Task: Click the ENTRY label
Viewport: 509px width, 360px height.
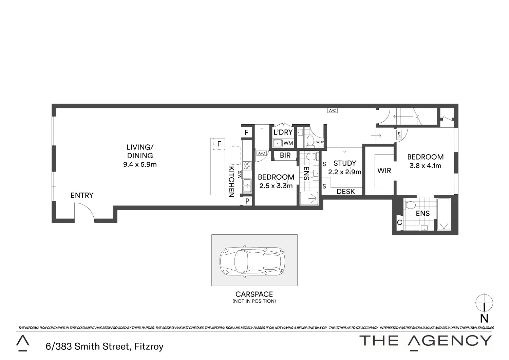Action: [82, 195]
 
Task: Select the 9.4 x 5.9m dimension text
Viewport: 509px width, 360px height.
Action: [140, 165]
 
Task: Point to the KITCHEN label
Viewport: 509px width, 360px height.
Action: [231, 182]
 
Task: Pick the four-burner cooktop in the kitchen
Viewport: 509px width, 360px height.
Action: [247, 166]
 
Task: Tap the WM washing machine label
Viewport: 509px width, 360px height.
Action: [288, 143]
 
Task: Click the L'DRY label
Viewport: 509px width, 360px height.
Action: [283, 132]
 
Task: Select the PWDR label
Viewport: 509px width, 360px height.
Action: [319, 142]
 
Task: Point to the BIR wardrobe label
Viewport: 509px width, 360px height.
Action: [285, 155]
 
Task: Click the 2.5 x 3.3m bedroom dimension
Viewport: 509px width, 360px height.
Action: [276, 186]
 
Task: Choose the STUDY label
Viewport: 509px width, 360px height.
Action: [344, 163]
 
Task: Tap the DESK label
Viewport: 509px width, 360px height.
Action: [346, 192]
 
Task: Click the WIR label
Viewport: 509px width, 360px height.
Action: [384, 170]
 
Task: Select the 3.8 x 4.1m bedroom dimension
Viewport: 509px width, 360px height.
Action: [425, 166]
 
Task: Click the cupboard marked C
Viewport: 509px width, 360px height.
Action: [399, 223]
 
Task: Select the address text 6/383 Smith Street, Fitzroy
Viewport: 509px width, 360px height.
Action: [105, 346]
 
